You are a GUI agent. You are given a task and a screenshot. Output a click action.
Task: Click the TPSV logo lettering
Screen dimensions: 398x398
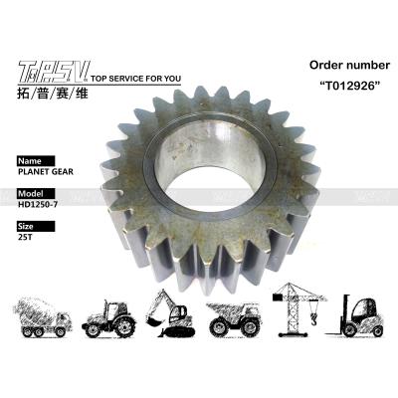coord(54,72)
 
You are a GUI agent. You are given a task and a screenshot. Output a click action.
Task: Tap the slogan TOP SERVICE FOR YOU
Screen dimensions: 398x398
coord(135,79)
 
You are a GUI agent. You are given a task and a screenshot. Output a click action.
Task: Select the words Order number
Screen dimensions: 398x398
coord(349,65)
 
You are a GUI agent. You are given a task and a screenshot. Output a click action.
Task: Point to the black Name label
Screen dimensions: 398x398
coord(36,161)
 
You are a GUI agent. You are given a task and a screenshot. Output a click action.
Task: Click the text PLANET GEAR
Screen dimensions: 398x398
coord(46,172)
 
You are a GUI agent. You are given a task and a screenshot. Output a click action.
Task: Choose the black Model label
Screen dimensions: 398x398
coord(36,193)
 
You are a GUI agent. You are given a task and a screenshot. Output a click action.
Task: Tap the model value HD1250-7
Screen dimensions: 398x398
coord(38,204)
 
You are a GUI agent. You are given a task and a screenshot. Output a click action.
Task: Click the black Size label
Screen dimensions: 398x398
coord(36,226)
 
